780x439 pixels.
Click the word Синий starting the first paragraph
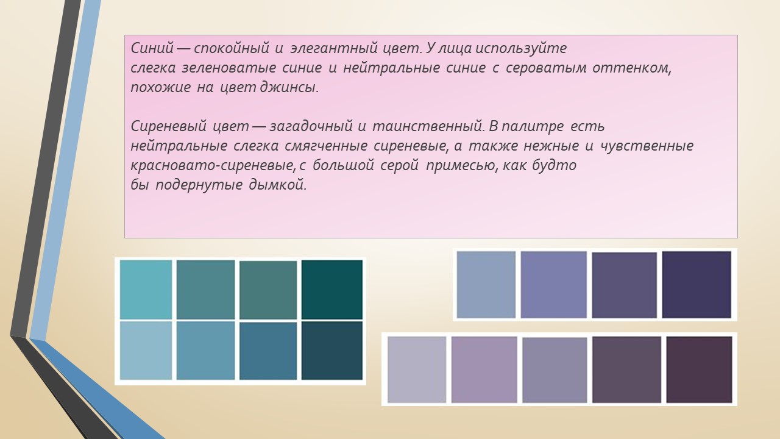click(152, 48)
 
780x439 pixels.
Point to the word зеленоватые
click(229, 68)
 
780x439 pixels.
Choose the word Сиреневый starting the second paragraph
click(169, 126)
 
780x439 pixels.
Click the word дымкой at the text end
click(277, 184)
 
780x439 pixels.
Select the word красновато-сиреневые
click(213, 165)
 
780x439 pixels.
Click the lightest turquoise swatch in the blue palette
click(146, 289)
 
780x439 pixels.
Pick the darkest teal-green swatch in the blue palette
click(332, 289)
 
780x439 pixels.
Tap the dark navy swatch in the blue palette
click(332, 351)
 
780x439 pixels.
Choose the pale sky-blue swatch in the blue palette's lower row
click(146, 351)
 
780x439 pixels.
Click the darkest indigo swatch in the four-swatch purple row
click(697, 285)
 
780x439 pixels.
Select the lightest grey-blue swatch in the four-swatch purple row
click(486, 285)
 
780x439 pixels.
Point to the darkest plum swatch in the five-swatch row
click(699, 369)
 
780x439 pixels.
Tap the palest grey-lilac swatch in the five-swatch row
click(417, 369)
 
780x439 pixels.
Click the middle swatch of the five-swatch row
click(555, 369)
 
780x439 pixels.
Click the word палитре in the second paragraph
click(533, 126)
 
